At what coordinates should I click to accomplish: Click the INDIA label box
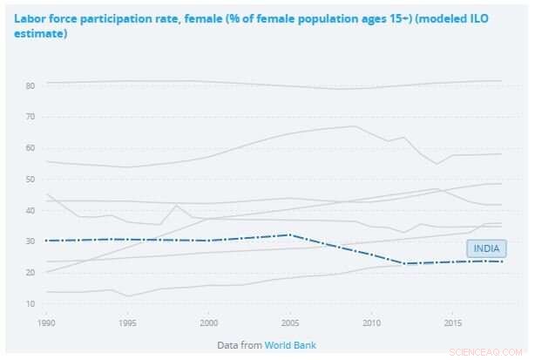pyautogui.click(x=486, y=248)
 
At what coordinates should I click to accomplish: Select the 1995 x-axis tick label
pyautogui.click(x=126, y=323)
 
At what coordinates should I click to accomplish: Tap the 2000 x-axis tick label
pyautogui.click(x=208, y=323)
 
